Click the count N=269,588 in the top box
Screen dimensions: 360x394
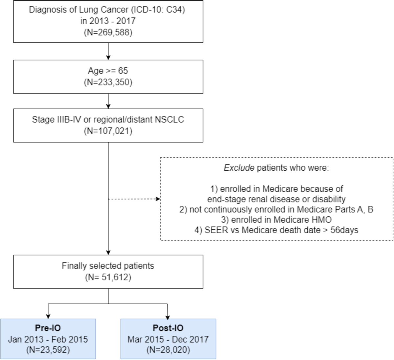108,32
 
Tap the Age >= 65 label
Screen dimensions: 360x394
108,71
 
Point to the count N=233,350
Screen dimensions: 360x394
108,82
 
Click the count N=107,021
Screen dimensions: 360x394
108,131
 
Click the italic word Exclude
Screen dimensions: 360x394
239,168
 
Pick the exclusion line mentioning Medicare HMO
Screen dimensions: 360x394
276,220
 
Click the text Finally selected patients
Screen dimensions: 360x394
108,265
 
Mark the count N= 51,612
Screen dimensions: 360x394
108,277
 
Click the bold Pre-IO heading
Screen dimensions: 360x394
48,328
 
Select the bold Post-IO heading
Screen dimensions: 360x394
168,328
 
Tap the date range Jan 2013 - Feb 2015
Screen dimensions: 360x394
48,339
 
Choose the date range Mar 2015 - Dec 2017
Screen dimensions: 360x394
168,339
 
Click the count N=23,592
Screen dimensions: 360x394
48,350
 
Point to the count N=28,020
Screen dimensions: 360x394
168,350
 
